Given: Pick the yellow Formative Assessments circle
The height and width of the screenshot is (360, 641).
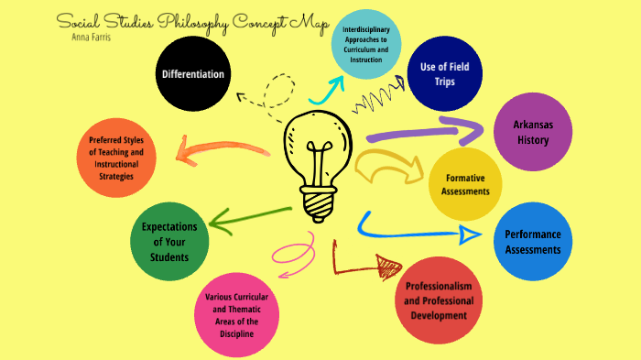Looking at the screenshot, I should pyautogui.click(x=466, y=183).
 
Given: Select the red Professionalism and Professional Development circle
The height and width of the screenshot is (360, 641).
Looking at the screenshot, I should pyautogui.click(x=435, y=300).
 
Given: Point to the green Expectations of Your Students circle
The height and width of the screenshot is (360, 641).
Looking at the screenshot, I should pyautogui.click(x=169, y=242).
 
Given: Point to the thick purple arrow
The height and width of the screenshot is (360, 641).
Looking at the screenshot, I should pyautogui.click(x=430, y=131).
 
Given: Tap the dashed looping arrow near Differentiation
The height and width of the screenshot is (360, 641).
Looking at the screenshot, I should pyautogui.click(x=265, y=92).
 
